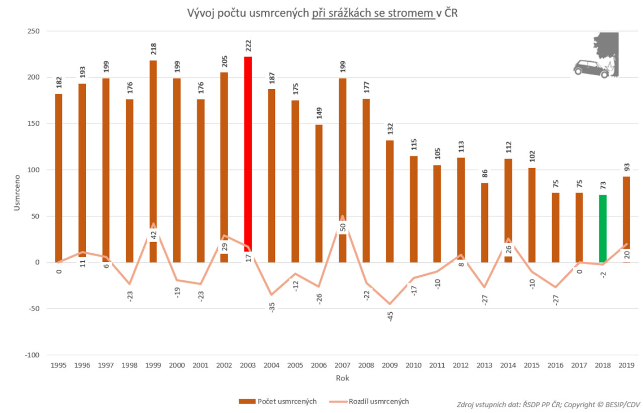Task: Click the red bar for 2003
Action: tap(248, 153)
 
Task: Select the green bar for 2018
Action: tap(603, 228)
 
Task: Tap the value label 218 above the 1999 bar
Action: tap(154, 49)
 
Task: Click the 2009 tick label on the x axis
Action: tap(390, 365)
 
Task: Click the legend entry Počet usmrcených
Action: tap(278, 401)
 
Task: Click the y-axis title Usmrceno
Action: tap(17, 193)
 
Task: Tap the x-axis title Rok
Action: tap(342, 378)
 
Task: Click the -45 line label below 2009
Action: tap(390, 316)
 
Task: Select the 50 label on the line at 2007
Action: tap(343, 227)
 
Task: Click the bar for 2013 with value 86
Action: tap(484, 223)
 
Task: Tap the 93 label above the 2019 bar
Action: tap(627, 167)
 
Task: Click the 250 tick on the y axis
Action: tap(33, 31)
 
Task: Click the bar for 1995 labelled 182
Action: tap(59, 177)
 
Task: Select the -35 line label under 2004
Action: tap(272, 307)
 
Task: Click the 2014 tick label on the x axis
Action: tap(508, 365)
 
